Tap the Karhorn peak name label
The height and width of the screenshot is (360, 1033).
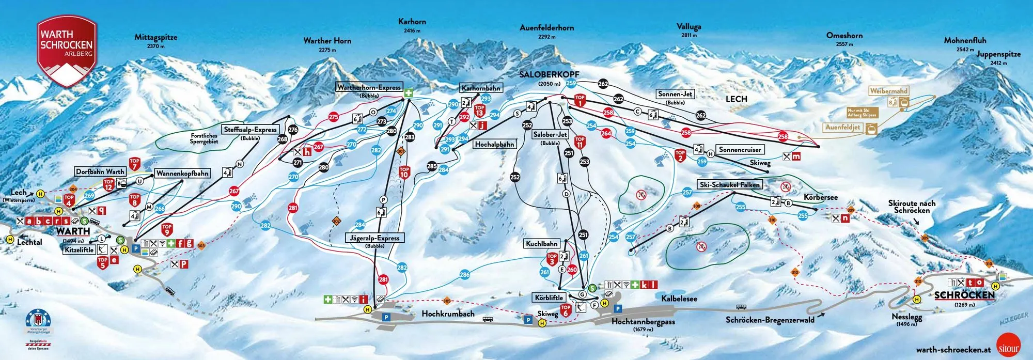pyautogui.click(x=412, y=22)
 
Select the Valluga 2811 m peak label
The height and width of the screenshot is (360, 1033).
pyautogui.click(x=689, y=27)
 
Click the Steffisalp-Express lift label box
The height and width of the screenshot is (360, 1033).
pyautogui.click(x=251, y=130)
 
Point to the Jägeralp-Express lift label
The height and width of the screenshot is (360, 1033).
pyautogui.click(x=375, y=238)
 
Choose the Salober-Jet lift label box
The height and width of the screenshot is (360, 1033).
pyautogui.click(x=550, y=134)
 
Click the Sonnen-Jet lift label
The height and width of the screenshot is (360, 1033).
pyautogui.click(x=675, y=94)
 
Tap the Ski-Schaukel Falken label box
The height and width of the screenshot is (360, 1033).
pyautogui.click(x=730, y=184)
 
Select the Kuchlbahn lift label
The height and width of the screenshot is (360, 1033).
pyautogui.click(x=542, y=243)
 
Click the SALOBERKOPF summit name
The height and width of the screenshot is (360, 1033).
pyautogui.click(x=549, y=75)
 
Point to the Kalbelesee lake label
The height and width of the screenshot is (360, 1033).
pyautogui.click(x=679, y=299)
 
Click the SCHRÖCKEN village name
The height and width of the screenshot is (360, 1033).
pyautogui.click(x=964, y=295)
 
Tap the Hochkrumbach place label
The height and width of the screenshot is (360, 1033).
pyautogui.click(x=448, y=314)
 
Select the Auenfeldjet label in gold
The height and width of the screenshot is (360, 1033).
pyautogui.click(x=842, y=127)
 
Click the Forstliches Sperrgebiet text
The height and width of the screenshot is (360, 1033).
pyautogui.click(x=204, y=138)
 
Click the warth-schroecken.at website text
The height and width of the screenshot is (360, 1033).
pyautogui.click(x=953, y=350)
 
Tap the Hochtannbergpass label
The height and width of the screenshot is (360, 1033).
pyautogui.click(x=643, y=321)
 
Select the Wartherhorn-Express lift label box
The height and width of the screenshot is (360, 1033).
pyautogui.click(x=369, y=87)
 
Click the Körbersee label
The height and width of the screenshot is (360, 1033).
pyautogui.click(x=821, y=197)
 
